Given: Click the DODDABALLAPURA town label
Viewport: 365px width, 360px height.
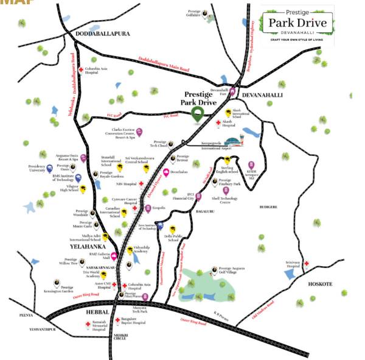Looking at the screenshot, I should (x=103, y=35).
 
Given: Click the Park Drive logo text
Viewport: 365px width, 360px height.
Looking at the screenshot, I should (x=297, y=24).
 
